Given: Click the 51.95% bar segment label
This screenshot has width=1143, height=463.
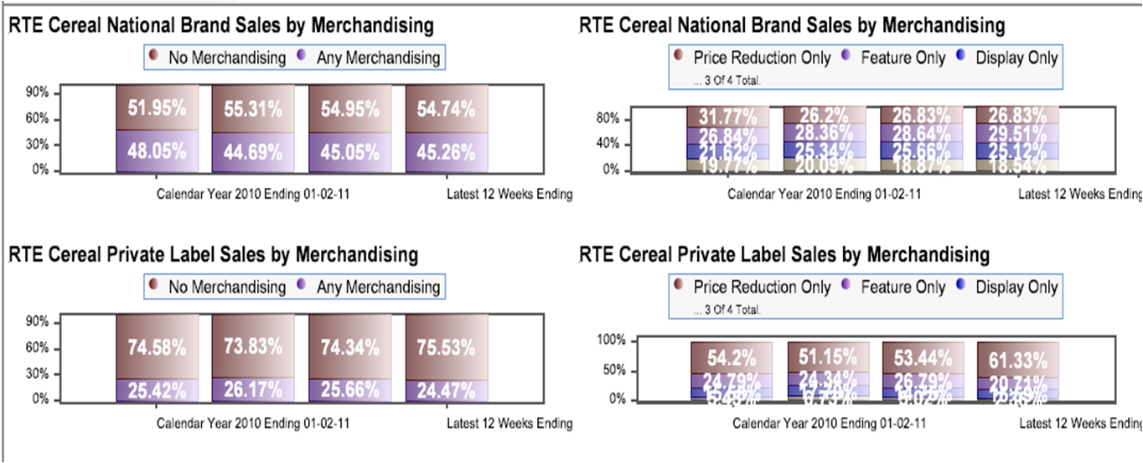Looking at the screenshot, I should [157, 109].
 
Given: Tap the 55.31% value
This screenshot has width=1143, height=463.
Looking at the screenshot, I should [253, 109].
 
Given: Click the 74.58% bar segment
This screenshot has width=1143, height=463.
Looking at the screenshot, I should [157, 346].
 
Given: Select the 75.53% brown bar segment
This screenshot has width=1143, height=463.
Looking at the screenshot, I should [446, 346].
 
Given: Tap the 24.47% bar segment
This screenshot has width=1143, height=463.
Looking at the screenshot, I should [446, 390].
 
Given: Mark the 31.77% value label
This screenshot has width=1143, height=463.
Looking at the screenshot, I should [727, 116].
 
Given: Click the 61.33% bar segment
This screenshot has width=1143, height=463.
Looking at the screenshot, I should [1016, 361].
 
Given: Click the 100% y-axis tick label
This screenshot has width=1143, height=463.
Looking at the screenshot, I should [609, 341].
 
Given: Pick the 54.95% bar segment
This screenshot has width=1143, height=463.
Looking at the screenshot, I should [349, 109].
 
